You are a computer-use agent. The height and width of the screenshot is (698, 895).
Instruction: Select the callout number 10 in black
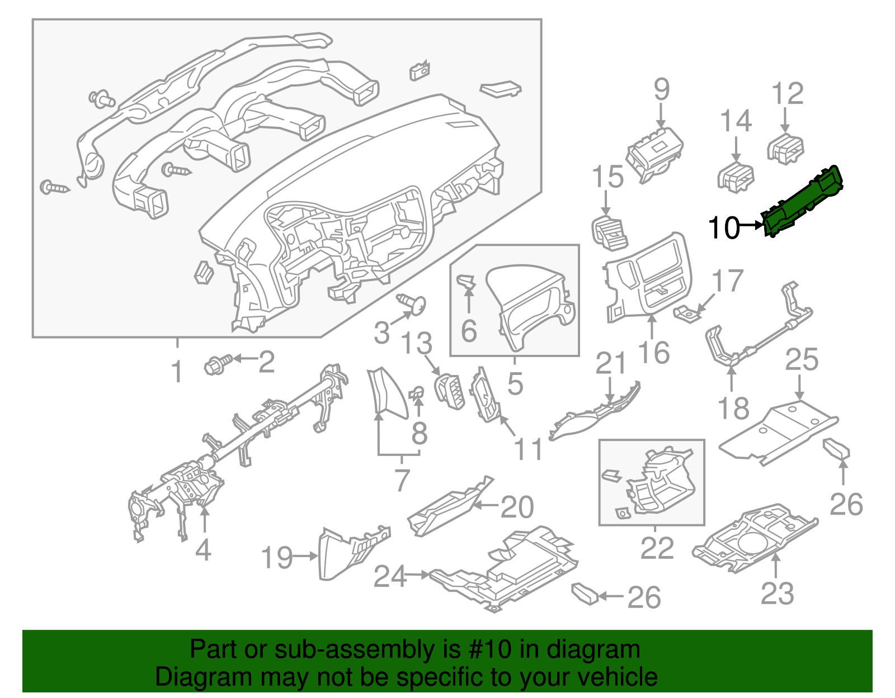pyautogui.click(x=724, y=227)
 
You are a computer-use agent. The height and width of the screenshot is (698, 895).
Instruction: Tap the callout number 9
pyautogui.click(x=661, y=89)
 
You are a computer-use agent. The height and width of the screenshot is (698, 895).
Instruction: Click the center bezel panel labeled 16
pyautogui.click(x=649, y=277)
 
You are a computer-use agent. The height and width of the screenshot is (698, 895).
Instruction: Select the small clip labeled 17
pyautogui.click(x=687, y=315)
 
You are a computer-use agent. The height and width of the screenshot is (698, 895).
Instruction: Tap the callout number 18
pyautogui.click(x=733, y=408)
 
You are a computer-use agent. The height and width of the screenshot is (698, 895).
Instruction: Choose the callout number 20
pyautogui.click(x=517, y=507)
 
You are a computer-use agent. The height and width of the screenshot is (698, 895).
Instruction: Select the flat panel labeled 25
pyautogui.click(x=778, y=433)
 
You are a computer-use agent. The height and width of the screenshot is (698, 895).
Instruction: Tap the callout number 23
pyautogui.click(x=777, y=593)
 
